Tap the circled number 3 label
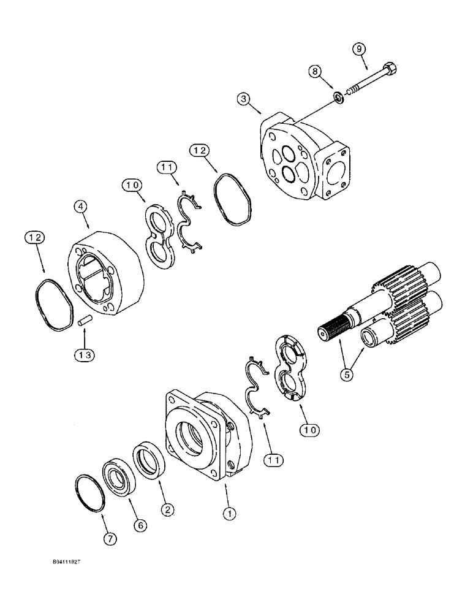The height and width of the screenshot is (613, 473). pos(244,99)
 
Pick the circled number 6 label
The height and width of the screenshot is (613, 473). pos(140,524)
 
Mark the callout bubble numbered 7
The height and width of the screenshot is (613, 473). pos(110,539)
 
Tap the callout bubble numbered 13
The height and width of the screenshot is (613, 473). pos(85,354)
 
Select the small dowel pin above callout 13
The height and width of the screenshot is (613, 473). pos(85,319)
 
